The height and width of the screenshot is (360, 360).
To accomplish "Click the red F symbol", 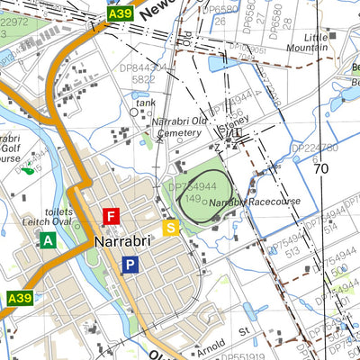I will tap(112, 216).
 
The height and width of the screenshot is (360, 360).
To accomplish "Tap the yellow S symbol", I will tap(171, 227).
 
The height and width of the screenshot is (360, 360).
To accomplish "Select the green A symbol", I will tap(47, 240).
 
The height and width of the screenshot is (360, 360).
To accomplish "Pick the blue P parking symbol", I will tap(131, 265).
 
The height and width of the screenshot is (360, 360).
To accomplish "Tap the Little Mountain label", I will tap(307, 41).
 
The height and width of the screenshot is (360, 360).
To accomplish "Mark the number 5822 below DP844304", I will tap(144, 79).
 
